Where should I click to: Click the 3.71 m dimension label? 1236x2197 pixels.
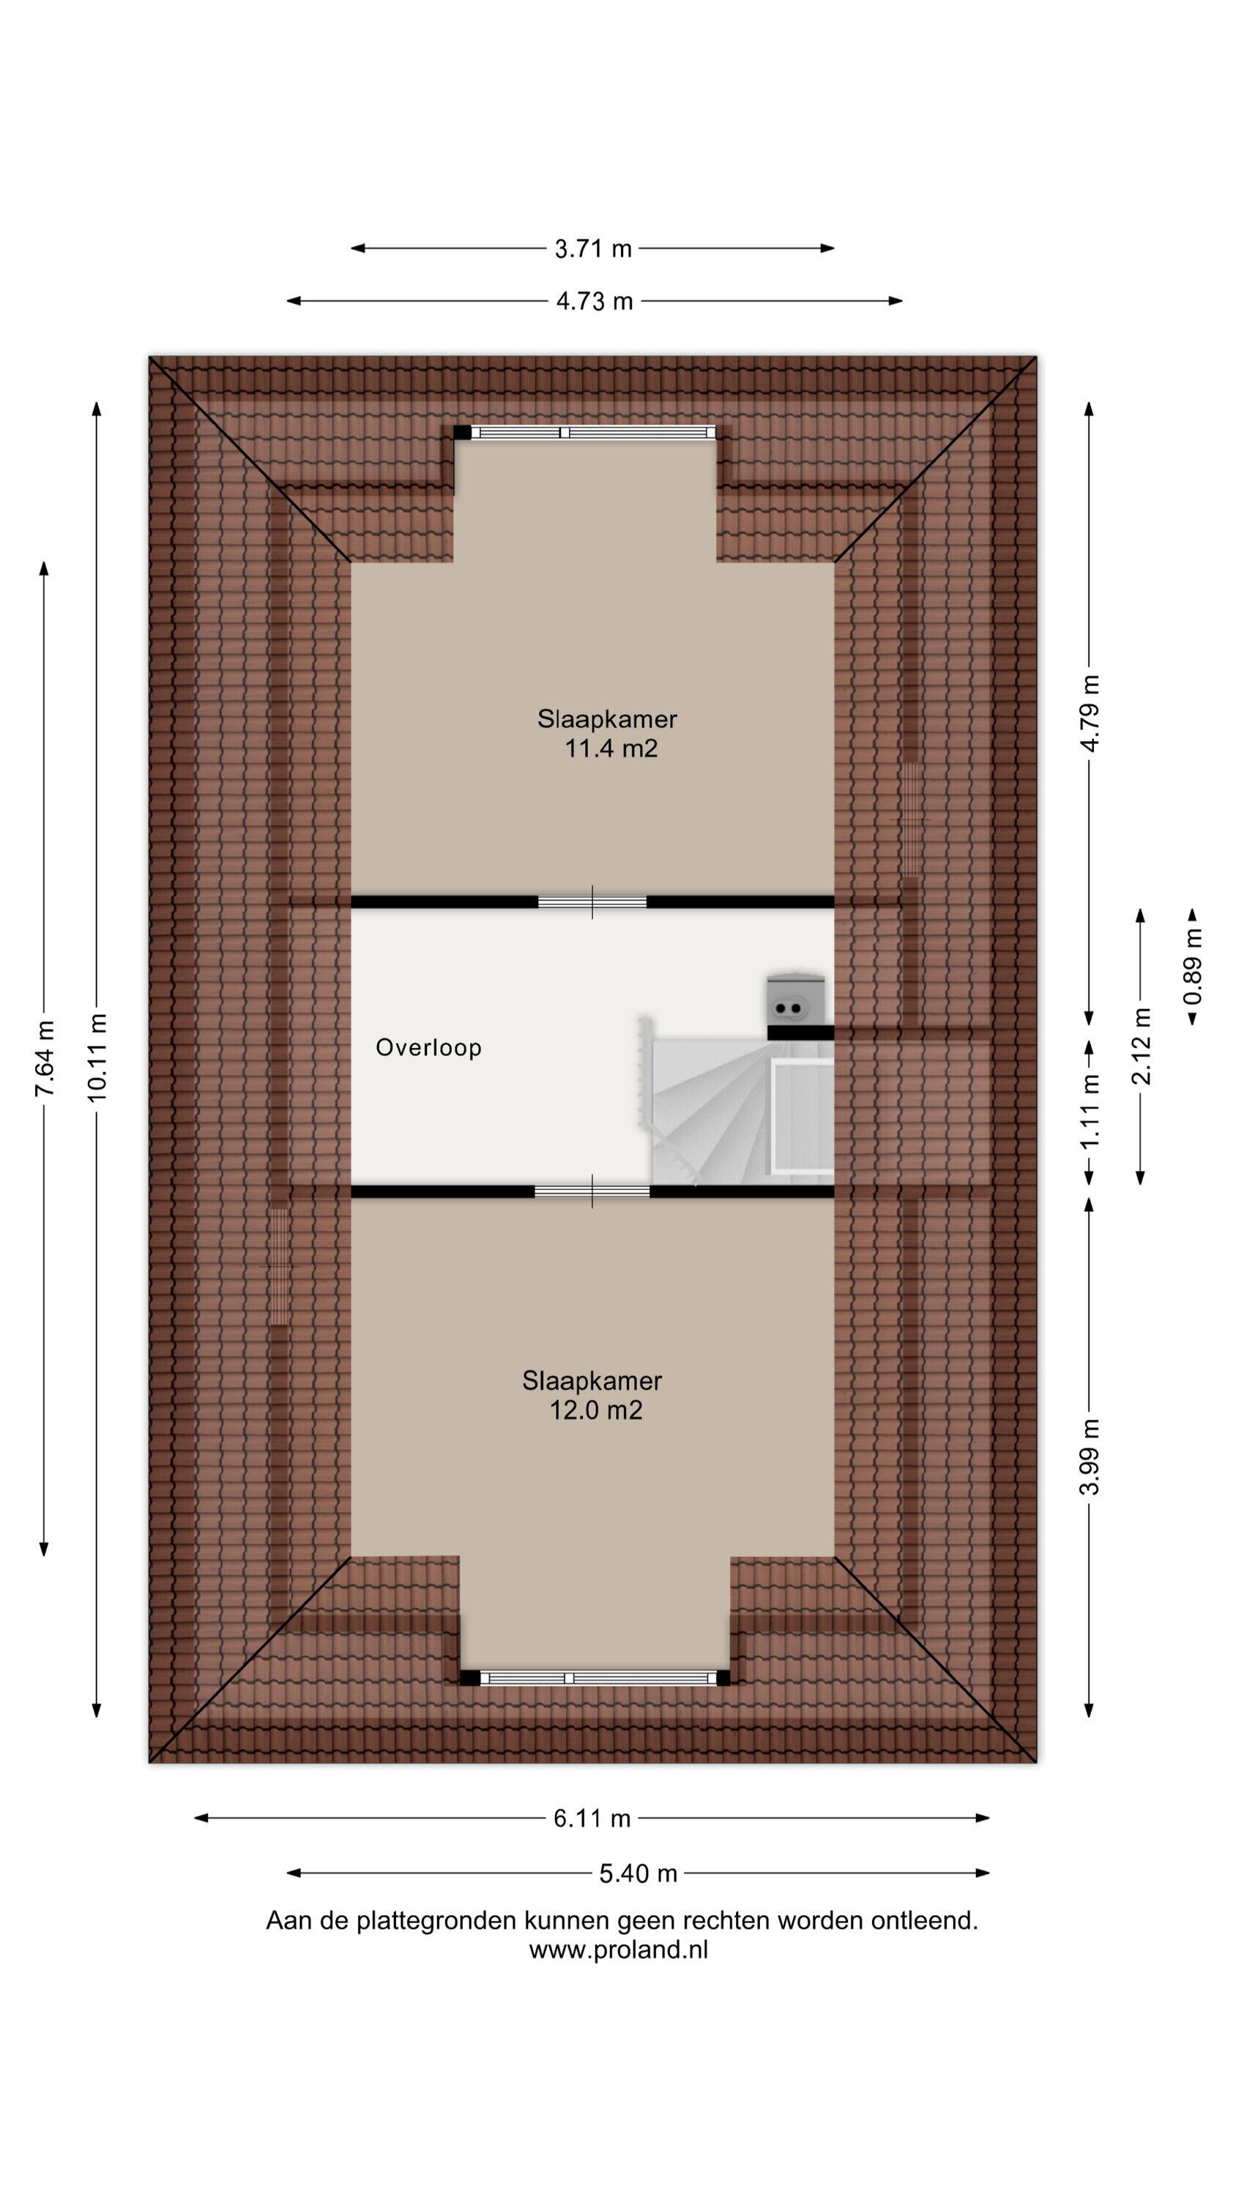pos(593,248)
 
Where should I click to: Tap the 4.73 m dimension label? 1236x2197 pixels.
pos(595,301)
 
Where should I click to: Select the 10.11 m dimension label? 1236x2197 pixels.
pos(97,1057)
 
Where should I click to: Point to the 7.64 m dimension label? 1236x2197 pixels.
pos(45,1057)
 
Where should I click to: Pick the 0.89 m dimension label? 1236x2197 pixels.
pos(1193,965)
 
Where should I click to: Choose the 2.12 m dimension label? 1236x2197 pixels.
pos(1141,1046)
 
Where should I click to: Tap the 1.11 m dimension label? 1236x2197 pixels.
pos(1090,1110)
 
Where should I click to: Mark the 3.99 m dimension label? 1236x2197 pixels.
pos(1090,1457)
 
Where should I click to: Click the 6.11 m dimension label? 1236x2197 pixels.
pos(592,1818)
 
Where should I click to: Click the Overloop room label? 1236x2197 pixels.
pos(429,1047)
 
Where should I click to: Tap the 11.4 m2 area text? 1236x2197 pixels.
pos(611,749)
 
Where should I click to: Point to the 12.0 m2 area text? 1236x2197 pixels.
pos(595,1410)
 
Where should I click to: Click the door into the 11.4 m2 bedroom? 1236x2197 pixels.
pos(592,902)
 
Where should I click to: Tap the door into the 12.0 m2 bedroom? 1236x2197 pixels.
pos(592,1192)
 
